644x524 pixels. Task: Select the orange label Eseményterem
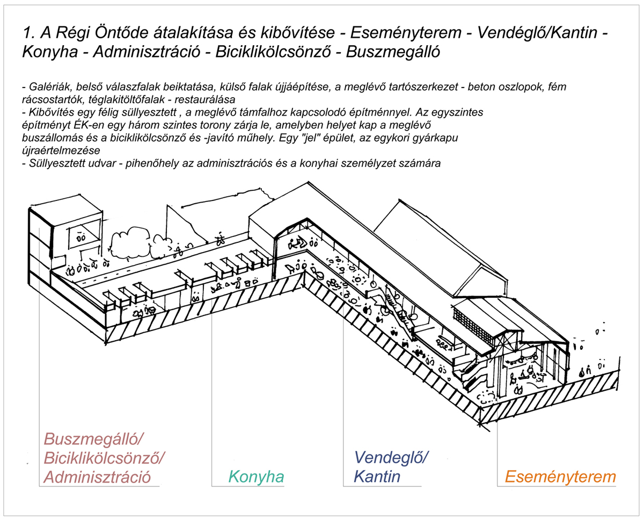pos(560,477)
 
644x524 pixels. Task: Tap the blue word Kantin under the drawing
pos(377,477)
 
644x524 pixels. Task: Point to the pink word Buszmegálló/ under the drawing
pos(93,440)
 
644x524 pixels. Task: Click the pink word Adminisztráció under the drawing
pos(97,477)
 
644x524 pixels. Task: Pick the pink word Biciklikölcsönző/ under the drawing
pos(104,458)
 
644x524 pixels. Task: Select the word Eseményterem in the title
pos(406,33)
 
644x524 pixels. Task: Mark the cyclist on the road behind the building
pos(221,239)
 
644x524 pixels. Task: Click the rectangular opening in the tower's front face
pos(84,233)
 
